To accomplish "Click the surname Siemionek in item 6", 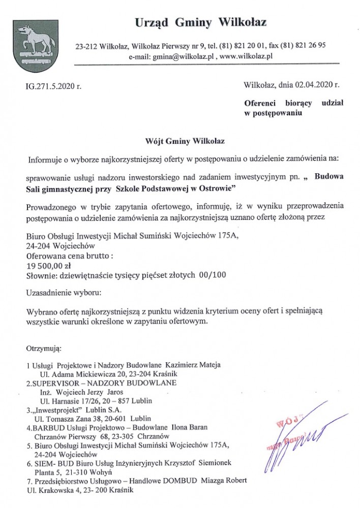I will coord(213,463).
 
